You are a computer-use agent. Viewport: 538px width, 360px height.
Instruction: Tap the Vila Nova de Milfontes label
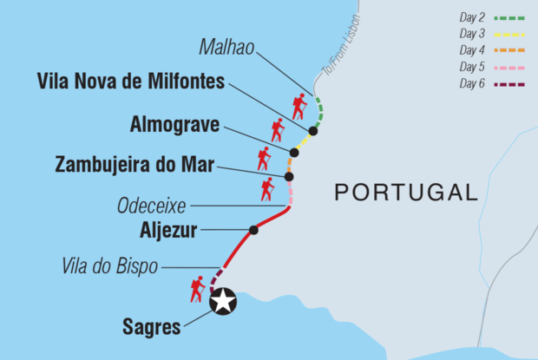point(131,82)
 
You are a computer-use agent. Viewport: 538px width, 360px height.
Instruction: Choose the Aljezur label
point(168,231)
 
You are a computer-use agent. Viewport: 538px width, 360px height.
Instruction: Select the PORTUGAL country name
point(407,192)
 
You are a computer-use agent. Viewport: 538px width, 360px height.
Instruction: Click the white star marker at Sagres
point(224,301)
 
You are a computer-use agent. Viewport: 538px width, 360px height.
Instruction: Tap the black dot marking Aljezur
point(253,230)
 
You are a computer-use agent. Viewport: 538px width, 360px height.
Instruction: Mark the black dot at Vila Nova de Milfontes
point(313,131)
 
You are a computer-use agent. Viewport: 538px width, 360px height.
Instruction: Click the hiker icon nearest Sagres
point(198,288)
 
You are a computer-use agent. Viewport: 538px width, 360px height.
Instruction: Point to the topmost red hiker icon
point(299,107)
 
